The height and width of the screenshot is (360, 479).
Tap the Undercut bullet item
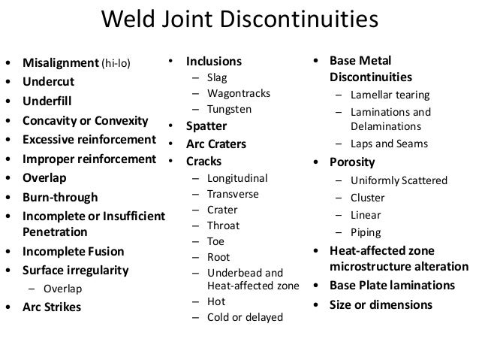pos(47,80)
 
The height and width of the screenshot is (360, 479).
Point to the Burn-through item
pos(60,198)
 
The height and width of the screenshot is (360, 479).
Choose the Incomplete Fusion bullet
pos(72,252)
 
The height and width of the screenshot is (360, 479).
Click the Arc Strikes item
pos(52,307)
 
